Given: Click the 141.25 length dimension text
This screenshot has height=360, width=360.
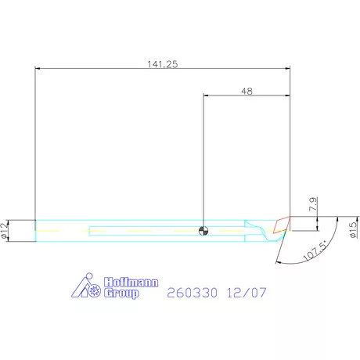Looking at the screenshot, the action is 163,64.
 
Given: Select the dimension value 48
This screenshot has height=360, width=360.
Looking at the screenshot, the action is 247,92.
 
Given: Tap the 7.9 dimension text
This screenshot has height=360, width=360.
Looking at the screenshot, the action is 313,204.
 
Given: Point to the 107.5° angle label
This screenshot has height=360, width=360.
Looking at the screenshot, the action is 315,251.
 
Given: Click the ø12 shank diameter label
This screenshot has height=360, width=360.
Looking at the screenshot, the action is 5,231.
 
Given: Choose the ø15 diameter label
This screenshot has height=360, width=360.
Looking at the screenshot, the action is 354,230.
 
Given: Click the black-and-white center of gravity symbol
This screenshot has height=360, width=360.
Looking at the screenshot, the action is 203,231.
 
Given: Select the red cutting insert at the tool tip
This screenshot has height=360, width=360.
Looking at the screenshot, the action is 282,225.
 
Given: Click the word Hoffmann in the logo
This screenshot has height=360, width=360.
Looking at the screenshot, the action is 131,283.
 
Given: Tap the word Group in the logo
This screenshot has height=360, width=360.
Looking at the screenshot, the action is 121,293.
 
